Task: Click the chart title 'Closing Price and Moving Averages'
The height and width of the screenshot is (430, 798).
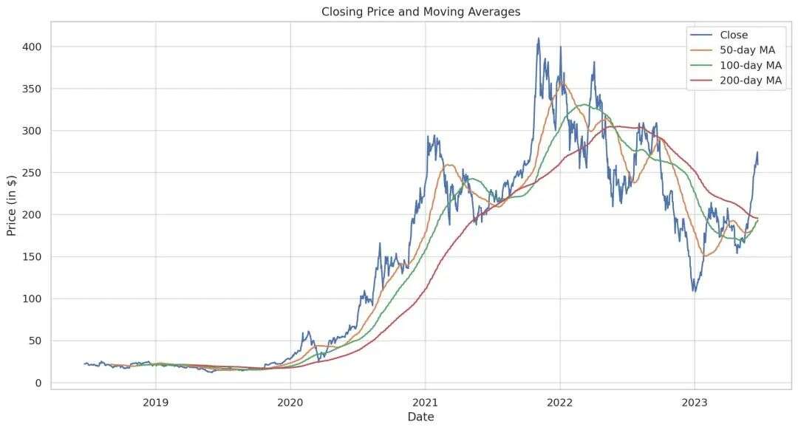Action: [421, 11]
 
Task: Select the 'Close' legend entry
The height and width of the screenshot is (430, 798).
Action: [733, 35]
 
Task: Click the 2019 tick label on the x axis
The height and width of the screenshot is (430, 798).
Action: [155, 403]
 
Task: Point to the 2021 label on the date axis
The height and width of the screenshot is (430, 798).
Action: [425, 403]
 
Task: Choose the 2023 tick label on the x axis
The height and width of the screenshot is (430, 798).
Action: [695, 403]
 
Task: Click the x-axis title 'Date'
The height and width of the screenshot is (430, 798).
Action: [421, 417]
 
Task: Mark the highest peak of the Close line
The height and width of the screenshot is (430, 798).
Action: [539, 38]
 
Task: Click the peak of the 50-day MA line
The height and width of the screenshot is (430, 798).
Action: [562, 82]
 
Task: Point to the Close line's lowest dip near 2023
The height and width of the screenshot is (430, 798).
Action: [694, 291]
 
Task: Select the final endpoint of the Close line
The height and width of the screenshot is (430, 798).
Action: [757, 161]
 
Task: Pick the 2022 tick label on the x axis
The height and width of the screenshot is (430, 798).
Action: [559, 403]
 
